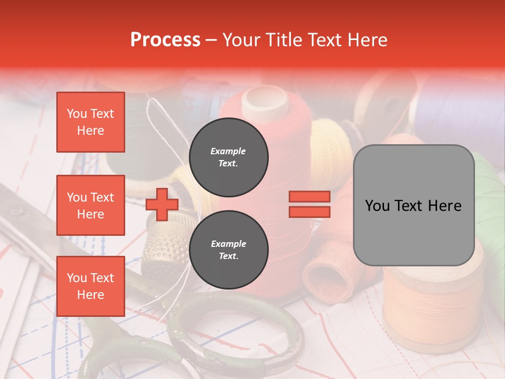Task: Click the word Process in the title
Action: [165, 40]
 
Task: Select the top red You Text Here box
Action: [90, 122]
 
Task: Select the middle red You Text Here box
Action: [90, 205]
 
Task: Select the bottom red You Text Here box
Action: [90, 286]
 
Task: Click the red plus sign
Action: [162, 205]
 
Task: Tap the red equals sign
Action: [309, 204]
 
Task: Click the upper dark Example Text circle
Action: [228, 157]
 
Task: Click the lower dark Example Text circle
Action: [228, 250]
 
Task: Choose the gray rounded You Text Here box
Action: [413, 205]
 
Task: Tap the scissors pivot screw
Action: [16, 211]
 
